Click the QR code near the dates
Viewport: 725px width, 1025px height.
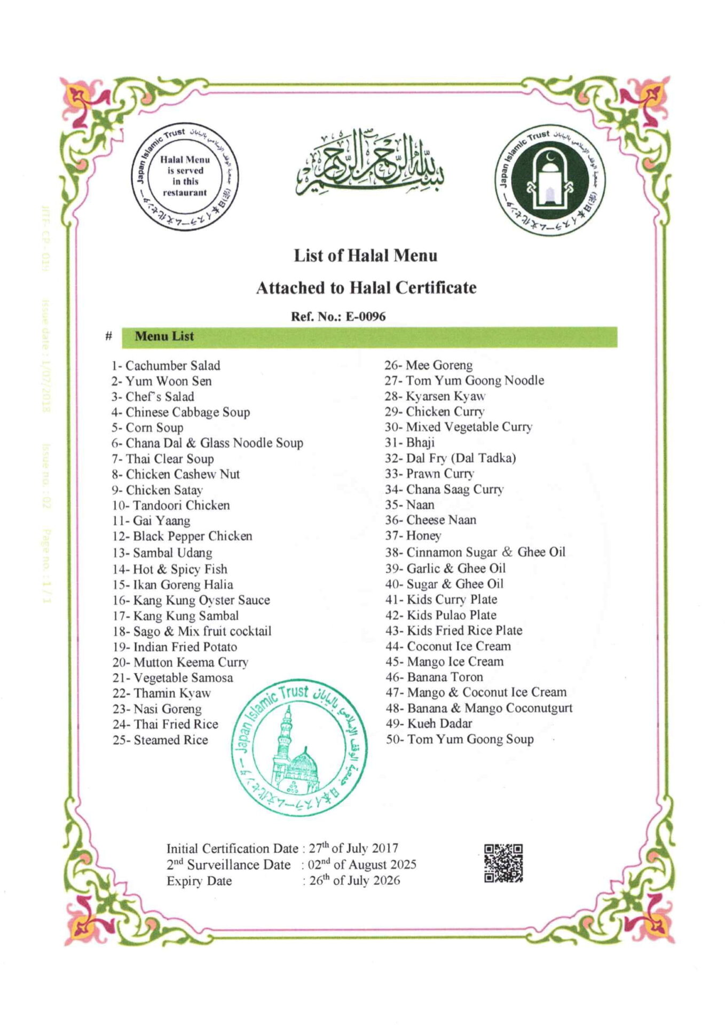pyautogui.click(x=503, y=863)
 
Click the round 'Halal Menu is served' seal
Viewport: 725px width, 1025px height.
pyautogui.click(x=185, y=177)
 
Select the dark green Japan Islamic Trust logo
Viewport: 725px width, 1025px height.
pyautogui.click(x=549, y=181)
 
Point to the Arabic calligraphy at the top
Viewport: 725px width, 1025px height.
pyautogui.click(x=369, y=163)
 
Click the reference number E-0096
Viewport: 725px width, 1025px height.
pyautogui.click(x=365, y=316)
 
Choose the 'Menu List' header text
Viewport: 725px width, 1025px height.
pyautogui.click(x=164, y=336)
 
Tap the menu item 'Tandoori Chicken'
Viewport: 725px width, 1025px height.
pyautogui.click(x=181, y=505)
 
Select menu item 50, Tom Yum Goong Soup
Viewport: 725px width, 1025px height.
pyautogui.click(x=470, y=739)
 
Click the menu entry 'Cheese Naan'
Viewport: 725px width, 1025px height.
pyautogui.click(x=441, y=520)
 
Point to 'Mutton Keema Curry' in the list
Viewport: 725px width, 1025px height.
pyautogui.click(x=190, y=663)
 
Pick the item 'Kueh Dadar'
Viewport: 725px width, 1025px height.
pyautogui.click(x=439, y=723)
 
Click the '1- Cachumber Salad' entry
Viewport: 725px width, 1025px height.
pyautogui.click(x=166, y=366)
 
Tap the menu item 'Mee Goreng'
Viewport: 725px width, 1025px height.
pyautogui.click(x=438, y=365)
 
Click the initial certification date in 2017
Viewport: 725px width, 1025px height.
pyautogui.click(x=353, y=848)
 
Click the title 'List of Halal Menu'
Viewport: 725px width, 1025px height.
pyautogui.click(x=365, y=256)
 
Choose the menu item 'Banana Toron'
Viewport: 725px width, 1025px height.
pyautogui.click(x=445, y=677)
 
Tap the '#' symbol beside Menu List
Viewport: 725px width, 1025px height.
pyautogui.click(x=109, y=336)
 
